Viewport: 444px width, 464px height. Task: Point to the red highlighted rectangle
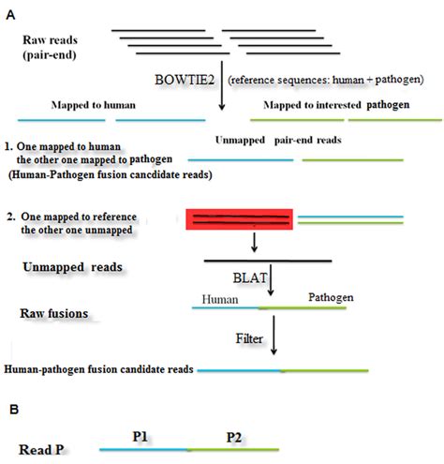[240, 219]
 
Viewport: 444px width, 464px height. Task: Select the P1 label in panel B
[142, 436]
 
